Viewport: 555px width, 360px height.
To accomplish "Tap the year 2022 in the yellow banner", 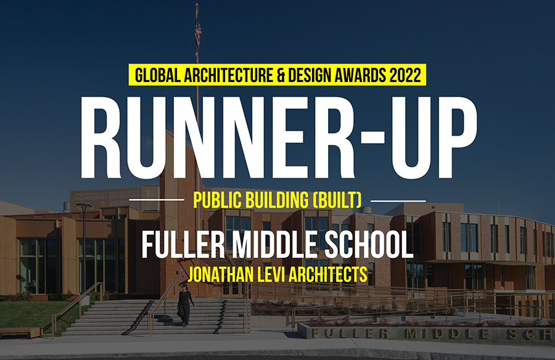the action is (x=405, y=75).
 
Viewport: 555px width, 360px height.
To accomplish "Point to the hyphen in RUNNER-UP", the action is (x=372, y=136).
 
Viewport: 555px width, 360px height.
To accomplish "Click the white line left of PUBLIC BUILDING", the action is (x=157, y=200).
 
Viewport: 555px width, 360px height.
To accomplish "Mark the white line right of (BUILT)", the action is (x=398, y=201).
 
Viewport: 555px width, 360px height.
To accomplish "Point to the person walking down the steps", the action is (x=185, y=305).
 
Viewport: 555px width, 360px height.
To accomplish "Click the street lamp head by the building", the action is (x=83, y=206).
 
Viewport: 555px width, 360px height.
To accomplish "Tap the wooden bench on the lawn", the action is (x=20, y=332).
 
